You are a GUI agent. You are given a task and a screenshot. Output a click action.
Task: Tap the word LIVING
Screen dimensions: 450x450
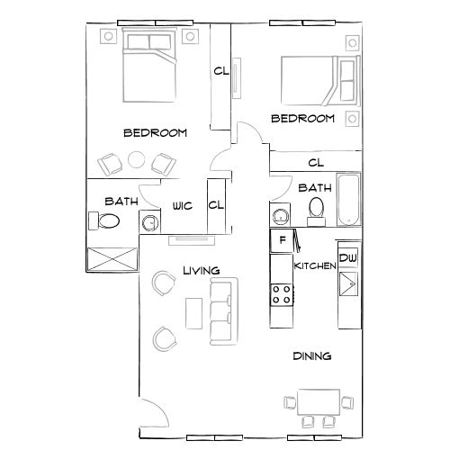tap(202, 270)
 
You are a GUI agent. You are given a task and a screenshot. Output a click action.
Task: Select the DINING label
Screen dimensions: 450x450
tap(312, 356)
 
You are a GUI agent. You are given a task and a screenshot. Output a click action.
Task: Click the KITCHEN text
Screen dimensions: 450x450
tap(315, 266)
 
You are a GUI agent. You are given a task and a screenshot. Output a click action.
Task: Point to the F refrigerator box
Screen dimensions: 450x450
tap(283, 240)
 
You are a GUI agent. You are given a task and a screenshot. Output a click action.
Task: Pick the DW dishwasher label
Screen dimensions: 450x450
tap(348, 258)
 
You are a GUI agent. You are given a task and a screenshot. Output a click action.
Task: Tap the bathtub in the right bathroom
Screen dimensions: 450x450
tap(347, 200)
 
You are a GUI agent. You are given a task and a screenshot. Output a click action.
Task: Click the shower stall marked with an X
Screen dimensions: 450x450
tap(112, 256)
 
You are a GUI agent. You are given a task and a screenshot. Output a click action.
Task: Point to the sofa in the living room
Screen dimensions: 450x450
tap(222, 311)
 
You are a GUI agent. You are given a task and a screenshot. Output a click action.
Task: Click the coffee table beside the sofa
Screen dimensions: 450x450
tap(193, 313)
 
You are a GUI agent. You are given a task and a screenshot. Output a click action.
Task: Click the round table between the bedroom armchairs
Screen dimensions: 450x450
tap(136, 161)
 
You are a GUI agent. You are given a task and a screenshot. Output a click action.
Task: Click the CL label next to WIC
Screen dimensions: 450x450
tap(216, 204)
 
